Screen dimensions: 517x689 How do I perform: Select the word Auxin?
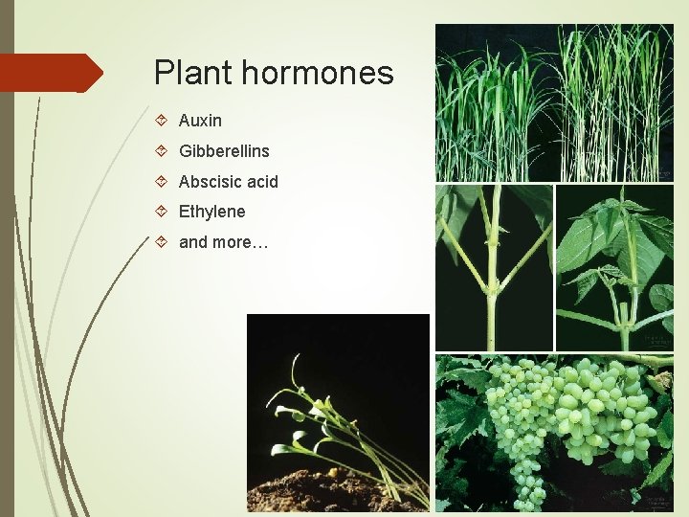(200, 121)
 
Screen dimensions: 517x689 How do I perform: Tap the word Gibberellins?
(224, 151)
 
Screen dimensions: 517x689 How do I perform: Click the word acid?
(261, 182)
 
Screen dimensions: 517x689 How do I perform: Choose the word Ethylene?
(211, 212)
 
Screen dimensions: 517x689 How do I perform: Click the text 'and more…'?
(223, 242)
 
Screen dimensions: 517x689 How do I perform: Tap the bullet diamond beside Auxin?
(162, 121)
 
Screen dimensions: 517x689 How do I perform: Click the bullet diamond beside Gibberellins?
(162, 151)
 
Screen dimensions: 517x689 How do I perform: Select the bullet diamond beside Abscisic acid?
(162, 182)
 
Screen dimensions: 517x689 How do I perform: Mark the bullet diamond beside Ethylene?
(162, 212)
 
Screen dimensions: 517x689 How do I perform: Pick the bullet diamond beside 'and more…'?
(162, 242)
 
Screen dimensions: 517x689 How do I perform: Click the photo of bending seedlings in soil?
(337, 412)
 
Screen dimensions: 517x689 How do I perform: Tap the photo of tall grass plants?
(554, 102)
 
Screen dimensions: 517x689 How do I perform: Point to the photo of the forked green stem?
(494, 268)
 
